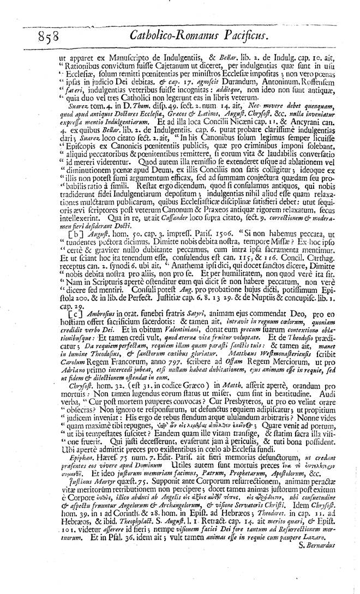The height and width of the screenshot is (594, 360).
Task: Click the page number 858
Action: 50,38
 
